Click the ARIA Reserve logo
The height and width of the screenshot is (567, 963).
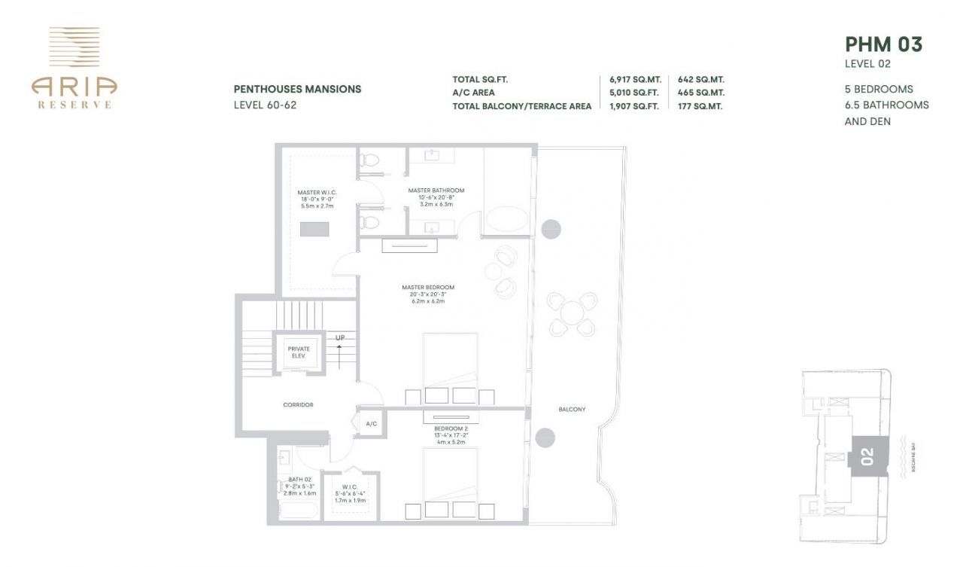coord(74,68)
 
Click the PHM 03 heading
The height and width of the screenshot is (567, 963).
coord(883,44)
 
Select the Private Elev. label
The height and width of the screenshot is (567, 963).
coord(299,352)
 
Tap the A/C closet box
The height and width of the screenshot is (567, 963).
coord(372,424)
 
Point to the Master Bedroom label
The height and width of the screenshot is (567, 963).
coord(427,287)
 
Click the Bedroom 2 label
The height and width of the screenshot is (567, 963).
coord(450,428)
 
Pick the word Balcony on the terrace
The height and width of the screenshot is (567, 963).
coord(572,409)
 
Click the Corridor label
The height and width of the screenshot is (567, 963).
coord(298,404)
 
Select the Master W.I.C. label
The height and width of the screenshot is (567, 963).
coord(317,193)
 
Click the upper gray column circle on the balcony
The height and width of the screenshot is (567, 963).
coord(551,227)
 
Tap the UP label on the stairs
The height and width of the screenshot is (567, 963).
coord(340,337)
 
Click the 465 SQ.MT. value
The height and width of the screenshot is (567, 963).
coord(700,93)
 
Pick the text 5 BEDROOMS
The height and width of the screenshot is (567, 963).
coord(879,89)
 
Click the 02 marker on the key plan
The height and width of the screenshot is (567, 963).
coord(867,456)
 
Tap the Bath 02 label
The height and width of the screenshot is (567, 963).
coord(299,480)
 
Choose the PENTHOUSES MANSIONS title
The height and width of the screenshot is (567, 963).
coord(297,89)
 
